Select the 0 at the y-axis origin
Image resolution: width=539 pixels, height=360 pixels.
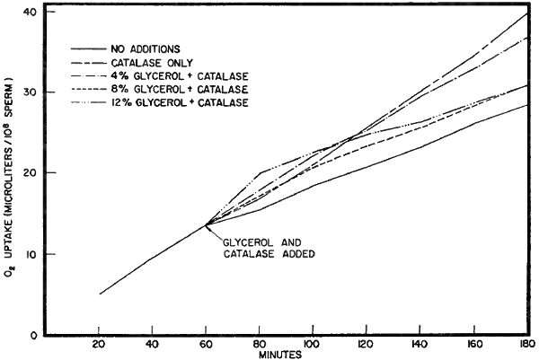pyautogui.click(x=33, y=335)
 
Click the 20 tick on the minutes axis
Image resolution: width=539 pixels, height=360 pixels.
pyautogui.click(x=100, y=344)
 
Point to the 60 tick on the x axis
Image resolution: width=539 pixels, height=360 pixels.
pyautogui.click(x=206, y=344)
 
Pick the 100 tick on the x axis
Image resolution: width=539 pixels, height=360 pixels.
pyautogui.click(x=313, y=344)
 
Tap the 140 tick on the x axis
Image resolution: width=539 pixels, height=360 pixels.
pyautogui.click(x=420, y=344)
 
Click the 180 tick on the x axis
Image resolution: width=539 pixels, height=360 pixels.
pyautogui.click(x=525, y=344)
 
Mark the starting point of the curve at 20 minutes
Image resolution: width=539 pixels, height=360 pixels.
pyautogui.click(x=100, y=294)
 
